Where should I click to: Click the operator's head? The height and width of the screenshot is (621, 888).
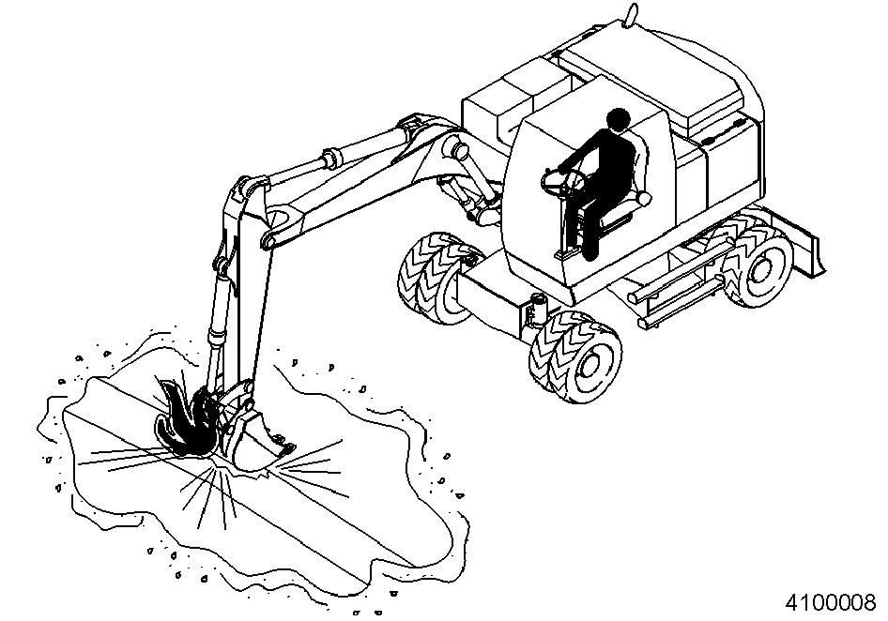pos(618,120)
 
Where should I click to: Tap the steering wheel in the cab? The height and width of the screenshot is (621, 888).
pos(562,182)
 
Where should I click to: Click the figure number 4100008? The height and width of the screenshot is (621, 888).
pos(830,602)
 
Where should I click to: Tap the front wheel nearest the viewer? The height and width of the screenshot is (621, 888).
pos(577,356)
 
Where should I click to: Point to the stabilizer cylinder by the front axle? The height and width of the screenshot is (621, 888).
pos(535,311)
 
